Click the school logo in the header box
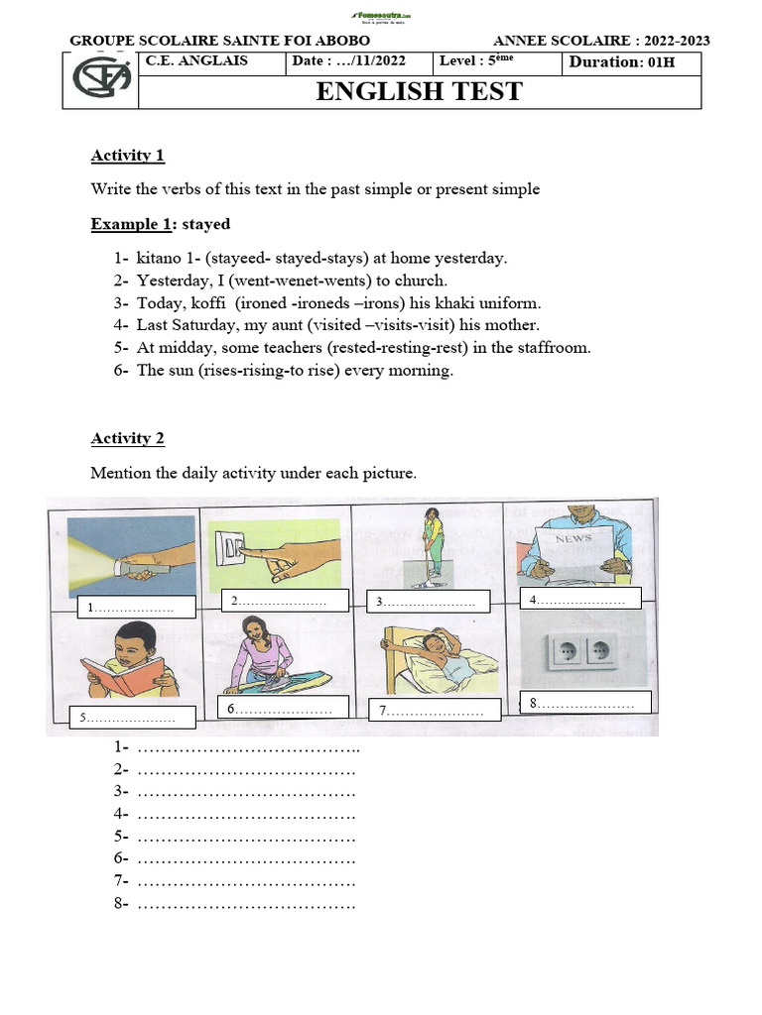coord(100,80)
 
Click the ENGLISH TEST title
coord(419,92)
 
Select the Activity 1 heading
coord(128,155)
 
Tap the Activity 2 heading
coord(128,438)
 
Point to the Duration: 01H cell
coord(631,61)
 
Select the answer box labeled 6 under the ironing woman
coord(283,708)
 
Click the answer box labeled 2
coord(285,601)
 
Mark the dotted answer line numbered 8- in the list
coord(245,904)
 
